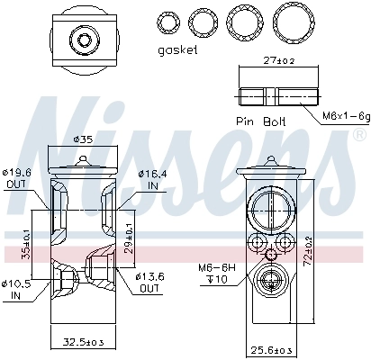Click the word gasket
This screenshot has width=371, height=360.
176,49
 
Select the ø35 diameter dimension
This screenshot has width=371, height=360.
82,139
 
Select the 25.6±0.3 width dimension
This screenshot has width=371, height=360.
274,348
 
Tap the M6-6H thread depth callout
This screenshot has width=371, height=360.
217,273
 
